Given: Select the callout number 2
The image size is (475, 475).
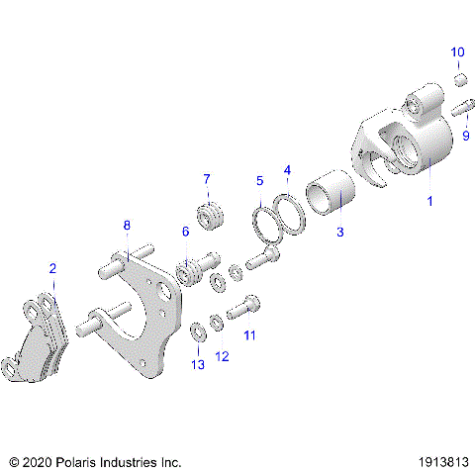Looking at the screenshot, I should click(52, 268).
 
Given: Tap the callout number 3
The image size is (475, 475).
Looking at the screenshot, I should click(339, 234).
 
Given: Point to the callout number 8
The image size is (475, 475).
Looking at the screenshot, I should click(127, 226).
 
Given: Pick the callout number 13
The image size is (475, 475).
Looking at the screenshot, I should click(198, 365).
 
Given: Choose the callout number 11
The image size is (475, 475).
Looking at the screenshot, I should click(249, 335).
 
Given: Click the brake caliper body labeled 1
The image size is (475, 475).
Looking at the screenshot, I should click(406, 143).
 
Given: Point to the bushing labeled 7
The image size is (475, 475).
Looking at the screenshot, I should click(209, 215).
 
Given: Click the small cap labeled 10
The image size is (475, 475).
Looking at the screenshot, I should click(459, 78).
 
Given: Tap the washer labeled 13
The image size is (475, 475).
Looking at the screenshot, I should click(197, 326).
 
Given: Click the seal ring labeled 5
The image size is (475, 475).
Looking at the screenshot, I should click(266, 224).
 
